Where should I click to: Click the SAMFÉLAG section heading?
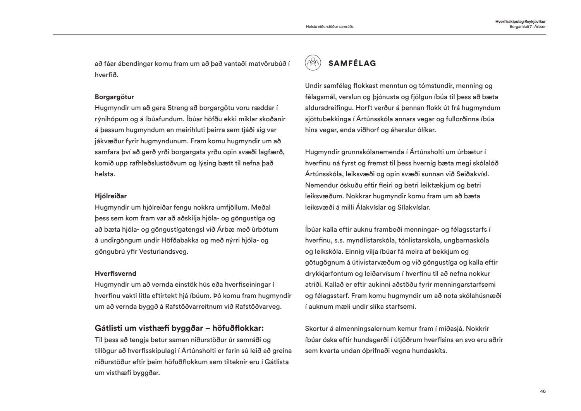352,64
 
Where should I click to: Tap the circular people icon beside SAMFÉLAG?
313,63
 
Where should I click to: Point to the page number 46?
543,391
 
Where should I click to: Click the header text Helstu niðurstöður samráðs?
330,27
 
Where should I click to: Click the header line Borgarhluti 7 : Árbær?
528,26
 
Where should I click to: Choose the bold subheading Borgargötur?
114,97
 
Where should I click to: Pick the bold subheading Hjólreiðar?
111,196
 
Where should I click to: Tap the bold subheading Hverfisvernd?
115,273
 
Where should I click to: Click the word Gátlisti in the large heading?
108,328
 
